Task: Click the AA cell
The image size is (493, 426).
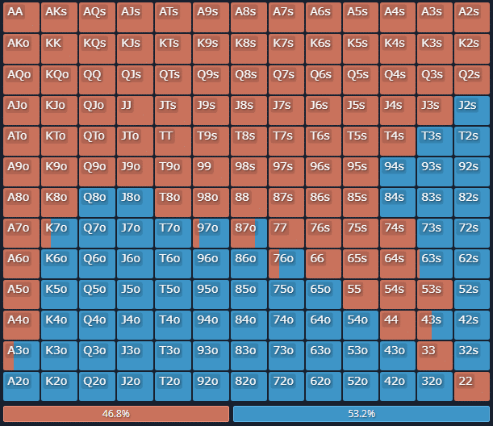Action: (x=21, y=17)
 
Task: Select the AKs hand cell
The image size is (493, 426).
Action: (x=59, y=17)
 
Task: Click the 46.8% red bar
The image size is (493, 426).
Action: (x=116, y=414)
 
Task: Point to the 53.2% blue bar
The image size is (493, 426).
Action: (x=361, y=414)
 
